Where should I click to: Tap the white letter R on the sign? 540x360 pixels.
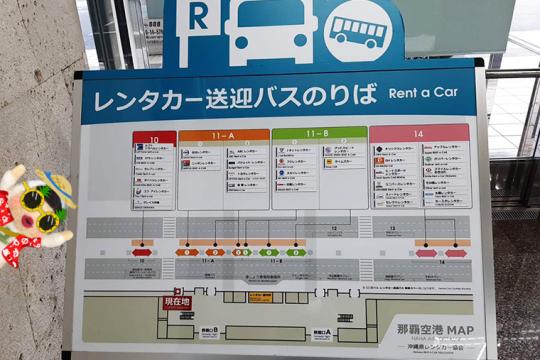199,18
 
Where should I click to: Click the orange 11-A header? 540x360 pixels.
223,134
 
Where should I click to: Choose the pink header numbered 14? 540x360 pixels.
418,130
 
